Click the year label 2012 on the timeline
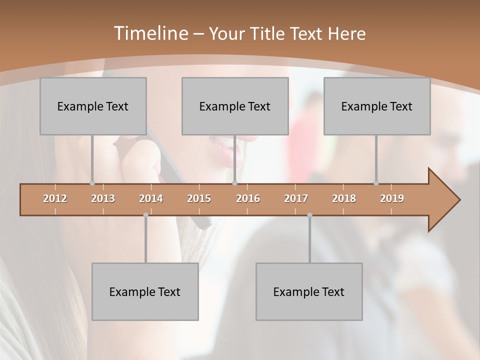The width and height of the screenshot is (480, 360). (55, 198)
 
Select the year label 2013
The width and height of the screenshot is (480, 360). (103, 198)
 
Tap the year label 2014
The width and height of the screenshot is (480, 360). (151, 198)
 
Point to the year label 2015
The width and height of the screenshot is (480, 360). (199, 198)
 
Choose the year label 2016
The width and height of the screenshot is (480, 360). (248, 198)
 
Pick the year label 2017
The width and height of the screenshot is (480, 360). (296, 198)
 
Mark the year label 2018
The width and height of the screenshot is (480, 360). (344, 198)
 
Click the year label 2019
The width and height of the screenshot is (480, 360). (392, 198)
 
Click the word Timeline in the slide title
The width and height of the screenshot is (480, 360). (150, 33)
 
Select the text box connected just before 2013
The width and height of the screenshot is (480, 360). (93, 106)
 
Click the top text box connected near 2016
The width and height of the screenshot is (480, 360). (235, 106)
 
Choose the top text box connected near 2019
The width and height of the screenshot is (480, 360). (377, 106)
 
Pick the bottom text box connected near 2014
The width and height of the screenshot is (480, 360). (145, 291)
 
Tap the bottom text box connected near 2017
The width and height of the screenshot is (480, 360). (309, 291)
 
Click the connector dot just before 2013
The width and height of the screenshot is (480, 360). (92, 183)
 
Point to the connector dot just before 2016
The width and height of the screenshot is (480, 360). (234, 183)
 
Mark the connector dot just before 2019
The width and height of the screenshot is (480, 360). (376, 183)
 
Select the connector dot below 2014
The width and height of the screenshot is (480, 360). (145, 215)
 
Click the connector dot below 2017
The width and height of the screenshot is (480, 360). (309, 215)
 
